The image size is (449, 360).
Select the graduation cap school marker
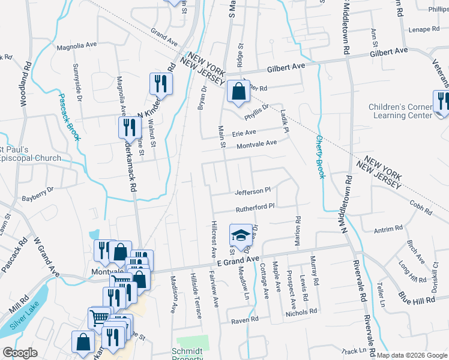click(241, 235)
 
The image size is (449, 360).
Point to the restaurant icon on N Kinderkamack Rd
click(160, 83)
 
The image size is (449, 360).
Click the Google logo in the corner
click(20, 353)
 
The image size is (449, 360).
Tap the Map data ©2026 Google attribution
click(412, 355)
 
